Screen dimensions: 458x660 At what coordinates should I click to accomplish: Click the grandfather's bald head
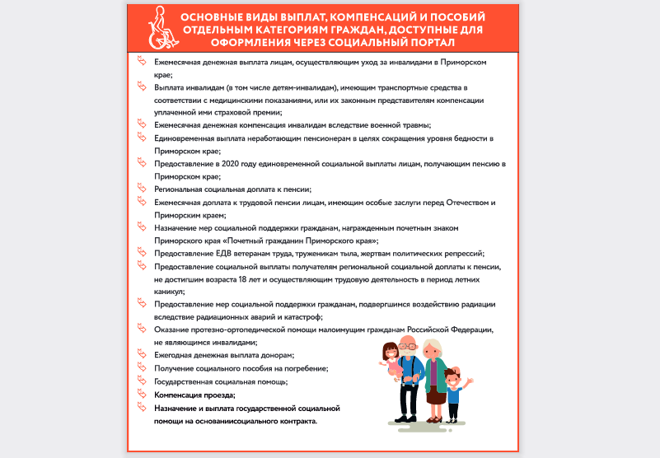pyautogui.click(x=407, y=341)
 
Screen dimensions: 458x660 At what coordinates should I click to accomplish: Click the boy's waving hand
pyautogui.click(x=469, y=381)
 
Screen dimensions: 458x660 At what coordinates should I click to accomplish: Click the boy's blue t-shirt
pyautogui.click(x=454, y=394)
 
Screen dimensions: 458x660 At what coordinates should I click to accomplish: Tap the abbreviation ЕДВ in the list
pyautogui.click(x=216, y=253)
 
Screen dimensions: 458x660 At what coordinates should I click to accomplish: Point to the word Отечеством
pyautogui.click(x=469, y=202)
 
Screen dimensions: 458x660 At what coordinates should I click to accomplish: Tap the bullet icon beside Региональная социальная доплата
pyautogui.click(x=140, y=189)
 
